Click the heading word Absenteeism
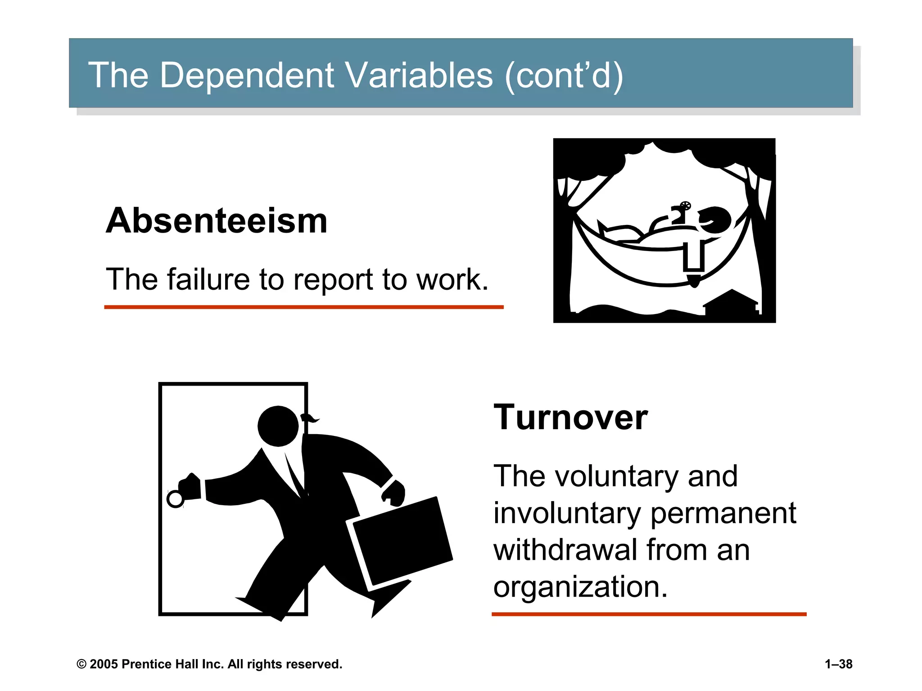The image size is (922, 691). (x=216, y=221)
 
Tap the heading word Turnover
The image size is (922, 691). (x=570, y=417)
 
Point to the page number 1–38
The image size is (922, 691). (x=838, y=664)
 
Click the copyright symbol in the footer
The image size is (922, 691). (x=81, y=664)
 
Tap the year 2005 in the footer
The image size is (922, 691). (x=104, y=664)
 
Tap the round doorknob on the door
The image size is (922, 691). (x=175, y=499)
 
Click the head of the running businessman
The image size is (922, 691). (x=278, y=426)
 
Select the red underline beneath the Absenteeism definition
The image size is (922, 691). (x=303, y=307)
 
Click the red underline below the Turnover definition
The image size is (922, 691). (x=649, y=614)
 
